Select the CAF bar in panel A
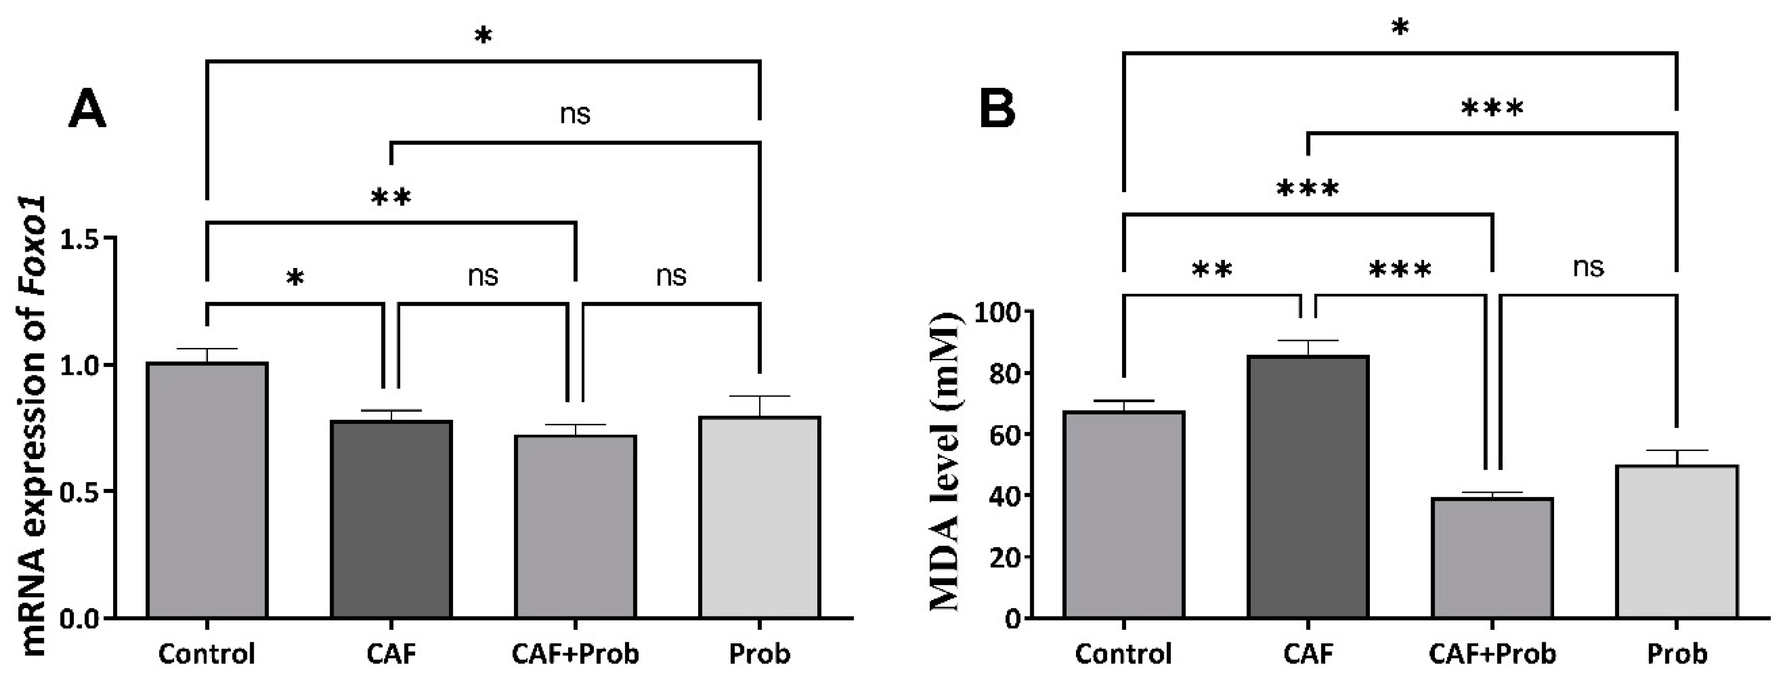click(391, 519)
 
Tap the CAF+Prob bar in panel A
click(575, 526)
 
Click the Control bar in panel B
click(1123, 514)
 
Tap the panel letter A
click(87, 111)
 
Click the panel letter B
click(998, 109)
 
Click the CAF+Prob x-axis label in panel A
click(575, 654)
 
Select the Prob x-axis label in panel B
click(1676, 654)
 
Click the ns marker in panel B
click(1588, 267)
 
